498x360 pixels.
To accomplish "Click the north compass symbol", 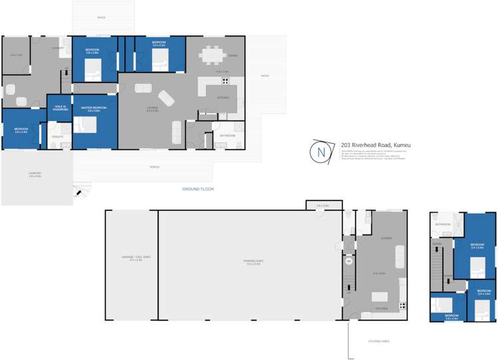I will (x=322, y=152).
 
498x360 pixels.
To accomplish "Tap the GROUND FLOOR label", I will (x=197, y=189).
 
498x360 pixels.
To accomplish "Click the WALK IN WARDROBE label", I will (x=60, y=108).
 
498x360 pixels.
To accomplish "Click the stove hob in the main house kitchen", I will (x=225, y=82).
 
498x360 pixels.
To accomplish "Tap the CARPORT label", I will (x=35, y=175).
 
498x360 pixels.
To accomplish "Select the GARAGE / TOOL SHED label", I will (x=131, y=259).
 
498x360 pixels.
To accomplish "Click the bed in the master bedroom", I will (x=85, y=125).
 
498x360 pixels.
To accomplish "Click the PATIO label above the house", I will (x=101, y=18).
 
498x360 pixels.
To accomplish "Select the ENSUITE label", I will (x=58, y=136).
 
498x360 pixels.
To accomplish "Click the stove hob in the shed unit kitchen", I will (x=402, y=305).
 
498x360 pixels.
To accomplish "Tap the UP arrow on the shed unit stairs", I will (x=348, y=293).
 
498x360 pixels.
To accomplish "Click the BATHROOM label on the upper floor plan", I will (x=443, y=224).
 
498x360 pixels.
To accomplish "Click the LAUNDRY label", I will (x=59, y=47).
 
